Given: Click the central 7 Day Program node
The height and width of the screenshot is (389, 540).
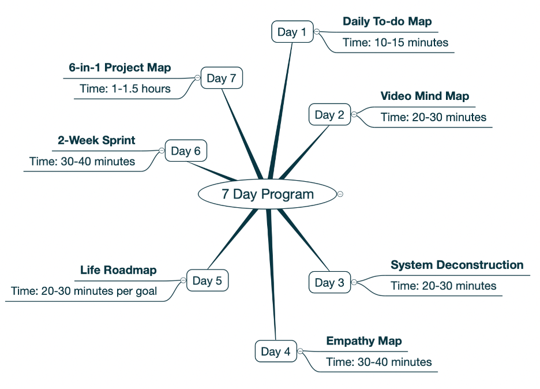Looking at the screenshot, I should (267, 194).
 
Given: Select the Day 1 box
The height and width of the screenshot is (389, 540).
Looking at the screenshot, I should (292, 32).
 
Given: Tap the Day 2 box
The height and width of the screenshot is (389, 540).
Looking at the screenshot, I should (329, 115).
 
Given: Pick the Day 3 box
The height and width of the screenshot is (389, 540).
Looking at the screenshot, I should (329, 283).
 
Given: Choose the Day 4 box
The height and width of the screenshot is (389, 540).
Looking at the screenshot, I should (276, 351).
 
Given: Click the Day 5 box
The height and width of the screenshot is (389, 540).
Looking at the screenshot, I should (207, 281).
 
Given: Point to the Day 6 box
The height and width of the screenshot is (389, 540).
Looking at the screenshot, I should (186, 151).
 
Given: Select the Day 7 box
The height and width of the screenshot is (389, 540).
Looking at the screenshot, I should (222, 78).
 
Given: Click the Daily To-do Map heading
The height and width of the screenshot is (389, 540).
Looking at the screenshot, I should (387, 21).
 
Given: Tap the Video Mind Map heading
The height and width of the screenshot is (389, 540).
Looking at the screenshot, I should (425, 96).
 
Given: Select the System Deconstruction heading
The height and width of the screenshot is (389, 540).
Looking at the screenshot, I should (457, 265).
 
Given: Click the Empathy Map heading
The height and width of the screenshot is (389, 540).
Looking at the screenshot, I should (364, 341).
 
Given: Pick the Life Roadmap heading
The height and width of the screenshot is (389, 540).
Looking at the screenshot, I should (118, 270).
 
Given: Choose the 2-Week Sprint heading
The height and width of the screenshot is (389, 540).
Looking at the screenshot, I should (96, 140).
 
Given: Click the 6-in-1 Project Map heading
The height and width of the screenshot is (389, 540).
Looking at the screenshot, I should (120, 68).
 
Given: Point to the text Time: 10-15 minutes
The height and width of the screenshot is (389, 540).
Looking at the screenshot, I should (395, 42).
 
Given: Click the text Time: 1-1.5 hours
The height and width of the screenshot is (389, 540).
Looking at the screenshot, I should (125, 88).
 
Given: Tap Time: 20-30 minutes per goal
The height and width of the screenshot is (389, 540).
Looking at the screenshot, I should (84, 291).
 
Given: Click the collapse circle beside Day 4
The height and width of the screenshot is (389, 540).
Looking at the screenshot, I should (301, 351).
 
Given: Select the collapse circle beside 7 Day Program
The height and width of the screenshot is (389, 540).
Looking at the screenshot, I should (340, 194).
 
